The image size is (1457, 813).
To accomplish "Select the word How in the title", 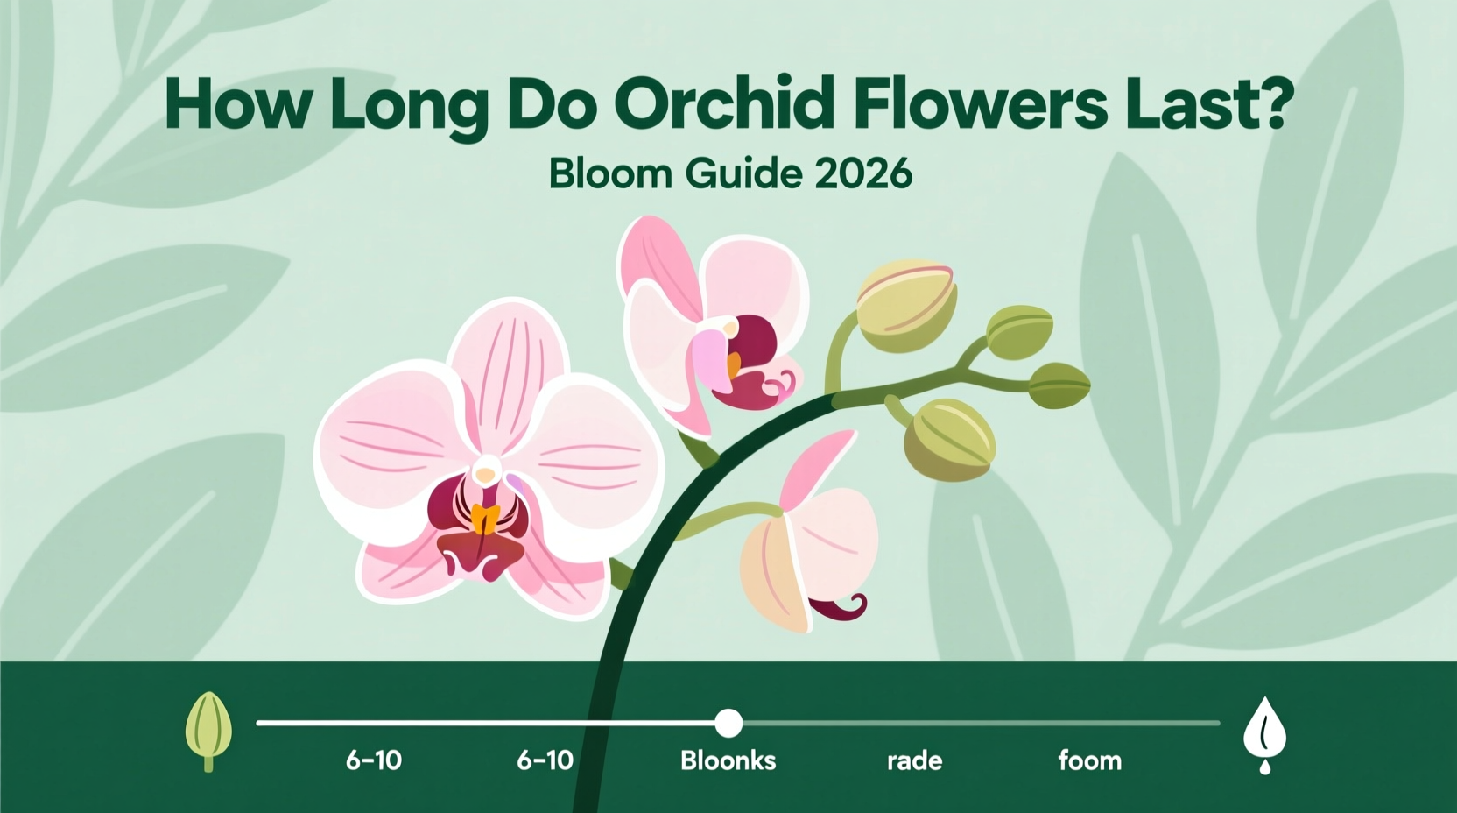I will pos(237,105).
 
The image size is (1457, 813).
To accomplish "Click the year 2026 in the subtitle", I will pos(862,174).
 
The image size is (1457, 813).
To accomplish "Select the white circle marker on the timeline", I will pos(728,723).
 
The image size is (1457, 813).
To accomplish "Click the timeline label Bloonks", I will pos(728,760).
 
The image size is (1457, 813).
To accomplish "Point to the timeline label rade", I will pos(914,760).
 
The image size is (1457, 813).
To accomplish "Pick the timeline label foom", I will pos(1089,760).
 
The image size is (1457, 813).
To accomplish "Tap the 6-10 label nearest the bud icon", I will pos(374,760).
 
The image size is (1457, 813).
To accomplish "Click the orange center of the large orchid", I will pos(483,519).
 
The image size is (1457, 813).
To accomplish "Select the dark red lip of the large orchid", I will pos(479,552).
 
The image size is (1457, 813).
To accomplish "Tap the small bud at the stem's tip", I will pos(1059,385).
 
